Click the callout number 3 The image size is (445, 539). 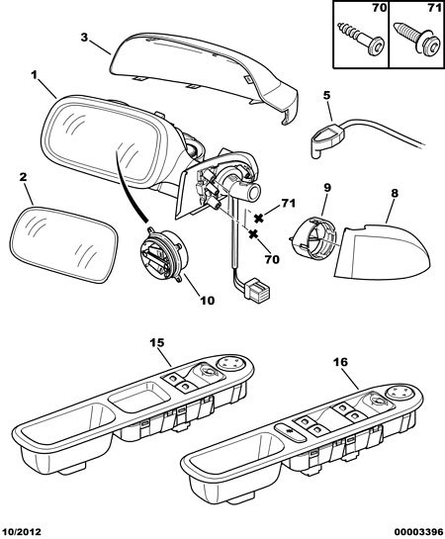click(x=84, y=38)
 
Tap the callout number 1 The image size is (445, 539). click(x=35, y=74)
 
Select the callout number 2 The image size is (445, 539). click(x=23, y=177)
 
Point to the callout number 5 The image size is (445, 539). click(x=326, y=96)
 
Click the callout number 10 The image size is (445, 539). click(x=208, y=300)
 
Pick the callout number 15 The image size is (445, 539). click(x=157, y=343)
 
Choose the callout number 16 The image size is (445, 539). click(x=340, y=362)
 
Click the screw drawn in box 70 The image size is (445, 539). click(x=360, y=39)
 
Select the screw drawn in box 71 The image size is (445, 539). click(x=416, y=39)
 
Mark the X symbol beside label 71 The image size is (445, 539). click(x=259, y=218)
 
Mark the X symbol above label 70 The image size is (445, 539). click(x=253, y=234)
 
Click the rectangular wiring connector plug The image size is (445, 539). click(x=258, y=289)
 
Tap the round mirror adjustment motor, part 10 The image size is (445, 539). click(x=161, y=255)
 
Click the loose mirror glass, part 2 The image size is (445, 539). click(x=64, y=244)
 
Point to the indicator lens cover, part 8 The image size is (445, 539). click(x=383, y=252)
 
